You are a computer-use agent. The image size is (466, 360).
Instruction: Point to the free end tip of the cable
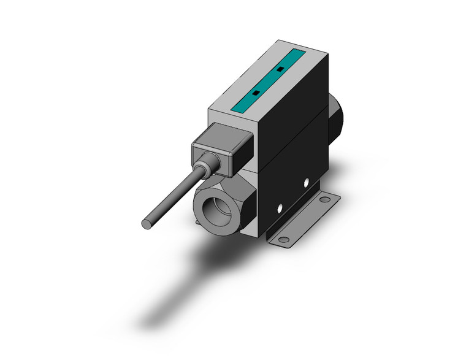pyautogui.click(x=147, y=224)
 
